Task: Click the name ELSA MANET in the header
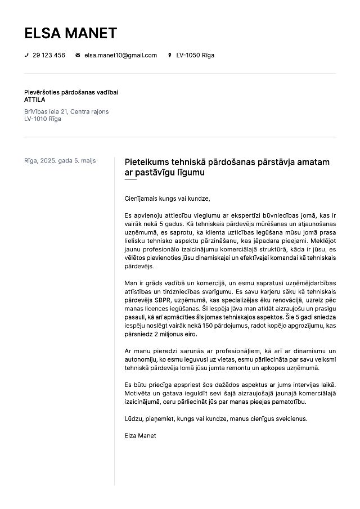(x=70, y=33)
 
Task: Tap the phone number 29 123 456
(x=49, y=55)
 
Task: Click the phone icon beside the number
(x=26, y=55)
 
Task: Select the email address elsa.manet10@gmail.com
(x=120, y=55)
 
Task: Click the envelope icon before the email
(x=78, y=55)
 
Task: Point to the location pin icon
(x=169, y=55)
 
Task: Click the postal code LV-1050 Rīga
(x=195, y=55)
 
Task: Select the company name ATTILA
(x=35, y=100)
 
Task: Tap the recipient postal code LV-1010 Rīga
(x=42, y=119)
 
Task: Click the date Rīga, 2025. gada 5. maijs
(x=60, y=160)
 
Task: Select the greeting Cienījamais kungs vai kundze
(x=167, y=198)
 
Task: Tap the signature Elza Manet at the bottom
(x=140, y=435)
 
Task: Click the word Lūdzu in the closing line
(x=133, y=418)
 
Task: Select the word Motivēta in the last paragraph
(x=138, y=394)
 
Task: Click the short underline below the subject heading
(x=130, y=180)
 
